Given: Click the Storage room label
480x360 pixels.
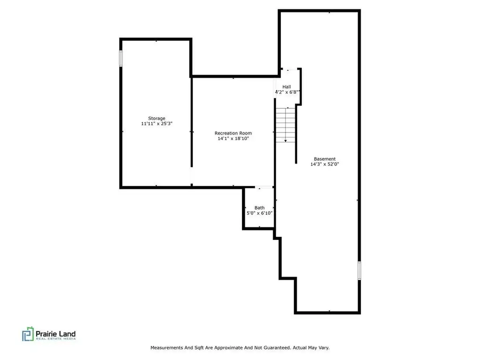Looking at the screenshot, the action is point(157,118).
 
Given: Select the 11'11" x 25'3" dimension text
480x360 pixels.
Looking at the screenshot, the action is point(157,124).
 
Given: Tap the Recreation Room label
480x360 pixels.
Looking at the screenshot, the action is point(233,133).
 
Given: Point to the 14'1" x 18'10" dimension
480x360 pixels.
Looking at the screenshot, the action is point(233,138).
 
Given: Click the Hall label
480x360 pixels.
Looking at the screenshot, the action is point(287,87).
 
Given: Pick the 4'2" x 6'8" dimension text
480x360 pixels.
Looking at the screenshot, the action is point(287,92).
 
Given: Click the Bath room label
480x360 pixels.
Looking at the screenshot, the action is point(260,208).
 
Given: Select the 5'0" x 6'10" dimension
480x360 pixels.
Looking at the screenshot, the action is point(260,213).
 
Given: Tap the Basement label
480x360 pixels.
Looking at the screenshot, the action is point(325,159).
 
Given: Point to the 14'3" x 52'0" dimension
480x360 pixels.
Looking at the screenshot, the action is point(325,164).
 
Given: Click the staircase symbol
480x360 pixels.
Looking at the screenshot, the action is point(285,125).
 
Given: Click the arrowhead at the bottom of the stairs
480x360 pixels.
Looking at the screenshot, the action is point(285,141).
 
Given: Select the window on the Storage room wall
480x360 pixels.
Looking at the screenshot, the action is point(121,59).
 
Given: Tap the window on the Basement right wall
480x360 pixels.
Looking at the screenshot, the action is point(359,270).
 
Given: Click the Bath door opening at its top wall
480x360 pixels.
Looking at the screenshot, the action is point(264,187).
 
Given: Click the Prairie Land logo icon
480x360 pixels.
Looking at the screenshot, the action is point(28,334).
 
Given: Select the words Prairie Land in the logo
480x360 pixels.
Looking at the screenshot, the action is point(56,334).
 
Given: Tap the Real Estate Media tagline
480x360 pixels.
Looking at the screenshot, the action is point(56,339).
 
